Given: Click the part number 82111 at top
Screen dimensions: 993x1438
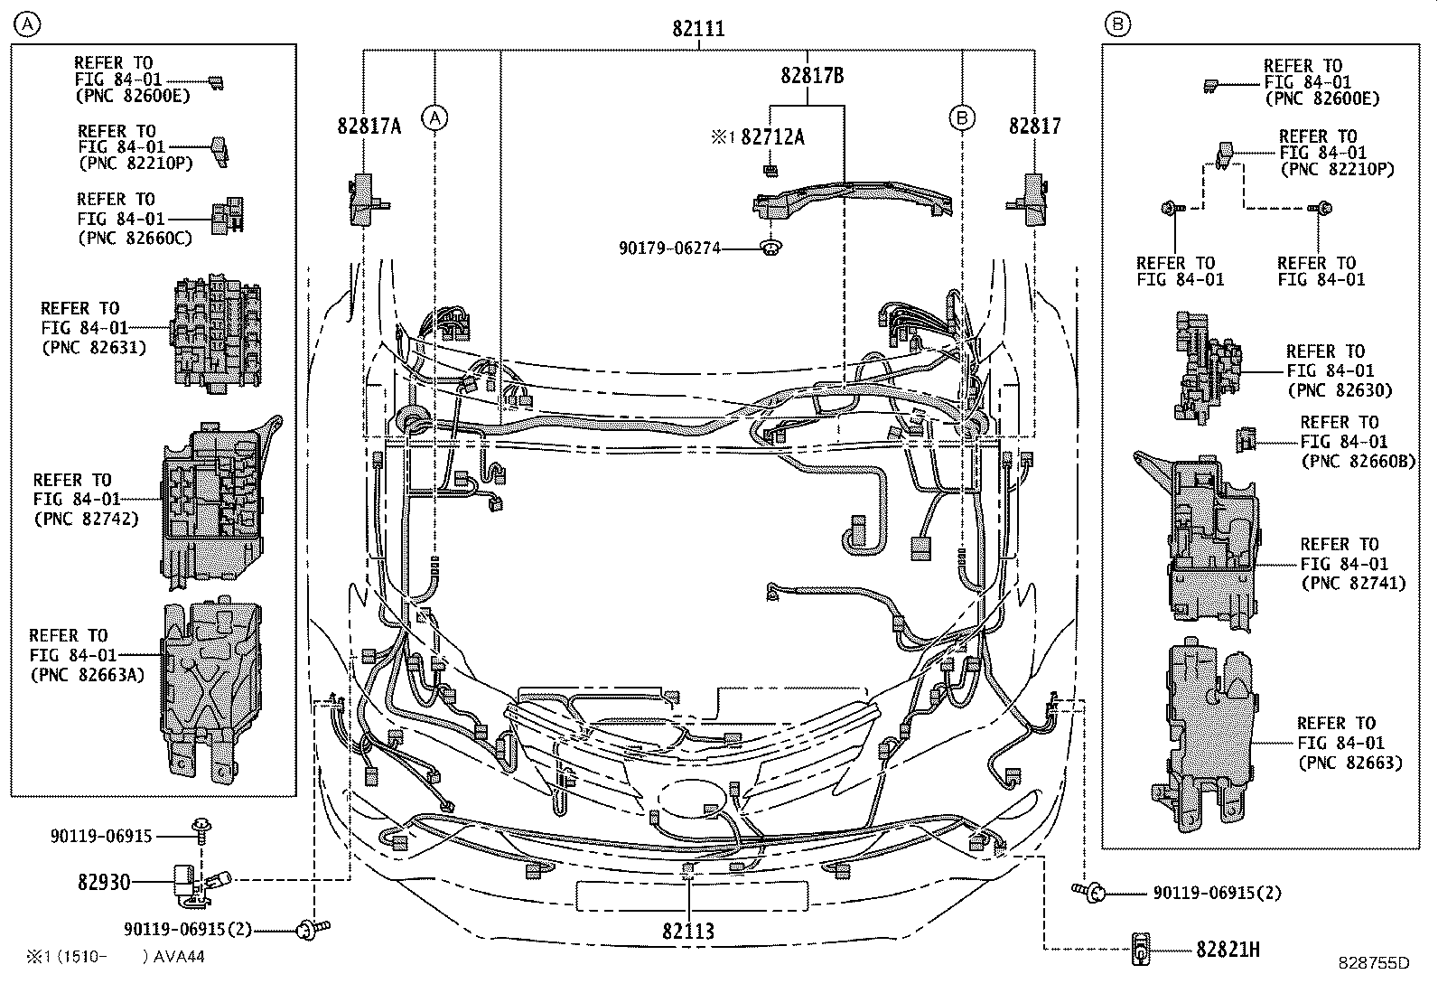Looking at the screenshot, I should pyautogui.click(x=698, y=29).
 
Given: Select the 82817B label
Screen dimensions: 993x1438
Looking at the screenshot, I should pyautogui.click(x=812, y=76).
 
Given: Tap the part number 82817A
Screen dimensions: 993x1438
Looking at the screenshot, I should pyautogui.click(x=369, y=126).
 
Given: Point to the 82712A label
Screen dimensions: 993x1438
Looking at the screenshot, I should pyautogui.click(x=772, y=137).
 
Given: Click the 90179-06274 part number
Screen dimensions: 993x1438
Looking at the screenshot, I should pyautogui.click(x=669, y=247).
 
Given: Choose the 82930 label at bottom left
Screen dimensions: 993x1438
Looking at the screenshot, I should pyautogui.click(x=104, y=881).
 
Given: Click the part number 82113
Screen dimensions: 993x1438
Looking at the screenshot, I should pyautogui.click(x=688, y=931).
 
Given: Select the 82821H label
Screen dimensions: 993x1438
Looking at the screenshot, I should pyautogui.click(x=1228, y=949).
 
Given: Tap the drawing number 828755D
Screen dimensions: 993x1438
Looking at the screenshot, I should pyautogui.click(x=1374, y=962).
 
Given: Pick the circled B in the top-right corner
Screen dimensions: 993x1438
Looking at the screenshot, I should pyautogui.click(x=1117, y=24).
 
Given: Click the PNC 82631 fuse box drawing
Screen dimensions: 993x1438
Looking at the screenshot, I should pyautogui.click(x=216, y=333).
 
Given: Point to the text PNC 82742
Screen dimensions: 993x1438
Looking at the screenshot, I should pyautogui.click(x=87, y=519).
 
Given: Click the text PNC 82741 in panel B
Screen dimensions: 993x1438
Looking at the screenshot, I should pyautogui.click(x=1353, y=583).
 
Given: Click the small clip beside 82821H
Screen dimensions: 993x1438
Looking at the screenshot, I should pyautogui.click(x=1141, y=949).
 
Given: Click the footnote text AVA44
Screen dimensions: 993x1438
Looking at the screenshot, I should pyautogui.click(x=179, y=956).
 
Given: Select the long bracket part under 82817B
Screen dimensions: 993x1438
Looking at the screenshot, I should pyautogui.click(x=849, y=197).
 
